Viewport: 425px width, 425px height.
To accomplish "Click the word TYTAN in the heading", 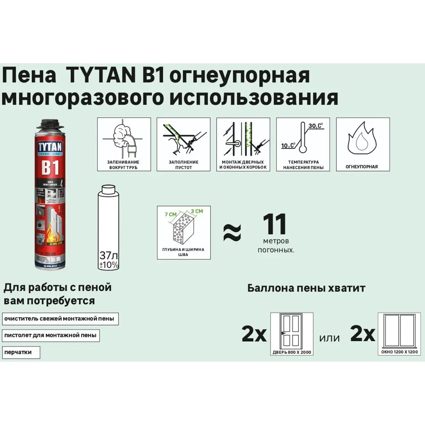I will [x=97, y=76].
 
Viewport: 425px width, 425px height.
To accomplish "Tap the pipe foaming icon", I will [x=124, y=139].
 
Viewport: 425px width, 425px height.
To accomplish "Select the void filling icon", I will [x=183, y=139].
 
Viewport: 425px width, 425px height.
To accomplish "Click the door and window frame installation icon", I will [x=243, y=139].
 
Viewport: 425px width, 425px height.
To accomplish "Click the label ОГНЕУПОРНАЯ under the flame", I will [x=363, y=167].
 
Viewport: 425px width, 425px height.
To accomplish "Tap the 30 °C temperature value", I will [x=315, y=125].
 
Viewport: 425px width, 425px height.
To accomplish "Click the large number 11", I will [x=274, y=225].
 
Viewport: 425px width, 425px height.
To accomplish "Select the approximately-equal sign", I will [x=232, y=232].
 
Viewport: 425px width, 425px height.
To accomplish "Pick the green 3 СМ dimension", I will [x=197, y=211].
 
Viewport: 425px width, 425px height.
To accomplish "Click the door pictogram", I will [x=292, y=331].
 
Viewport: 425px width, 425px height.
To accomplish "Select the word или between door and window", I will [x=329, y=338].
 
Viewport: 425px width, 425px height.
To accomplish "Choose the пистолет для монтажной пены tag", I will [x=51, y=335].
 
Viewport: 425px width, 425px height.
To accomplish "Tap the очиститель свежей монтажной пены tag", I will [x=60, y=319].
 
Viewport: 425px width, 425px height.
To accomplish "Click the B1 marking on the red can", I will [x=50, y=167].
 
